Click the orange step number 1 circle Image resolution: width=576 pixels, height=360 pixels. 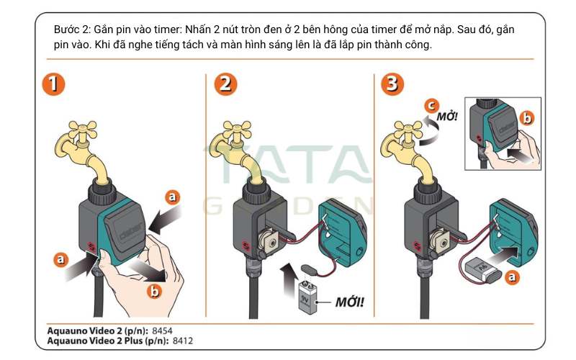(53, 84)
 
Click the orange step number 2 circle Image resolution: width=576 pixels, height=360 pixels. (225, 84)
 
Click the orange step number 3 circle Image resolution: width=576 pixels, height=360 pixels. (392, 84)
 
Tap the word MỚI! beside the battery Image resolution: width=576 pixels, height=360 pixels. (350, 302)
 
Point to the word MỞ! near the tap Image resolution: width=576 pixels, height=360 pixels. (447, 117)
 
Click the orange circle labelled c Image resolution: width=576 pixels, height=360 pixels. (431, 106)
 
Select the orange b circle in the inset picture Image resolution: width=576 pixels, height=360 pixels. (527, 118)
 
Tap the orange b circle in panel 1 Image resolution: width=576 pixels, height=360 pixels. (155, 292)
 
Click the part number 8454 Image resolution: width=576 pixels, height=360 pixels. (162, 330)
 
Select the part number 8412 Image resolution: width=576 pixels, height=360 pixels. (183, 341)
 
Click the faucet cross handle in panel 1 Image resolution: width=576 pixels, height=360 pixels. (83, 130)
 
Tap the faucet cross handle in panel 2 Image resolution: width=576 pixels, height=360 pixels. (237, 130)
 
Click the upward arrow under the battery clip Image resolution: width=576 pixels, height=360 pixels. (289, 279)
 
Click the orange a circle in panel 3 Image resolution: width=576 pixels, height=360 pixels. (512, 277)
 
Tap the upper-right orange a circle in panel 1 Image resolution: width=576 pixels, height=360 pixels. (172, 197)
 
